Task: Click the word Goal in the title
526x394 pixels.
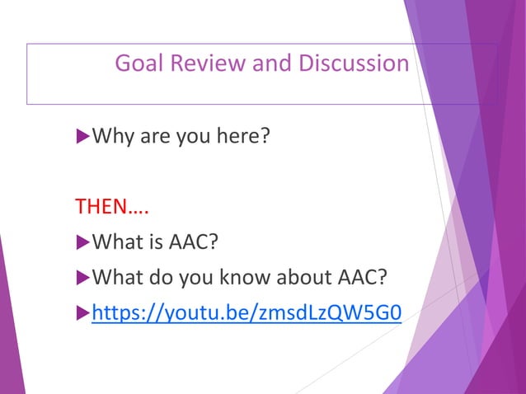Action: [134, 63]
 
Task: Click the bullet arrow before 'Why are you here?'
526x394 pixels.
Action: [81, 134]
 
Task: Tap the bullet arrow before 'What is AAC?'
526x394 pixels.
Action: [81, 242]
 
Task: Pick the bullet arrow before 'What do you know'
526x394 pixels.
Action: [81, 277]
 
